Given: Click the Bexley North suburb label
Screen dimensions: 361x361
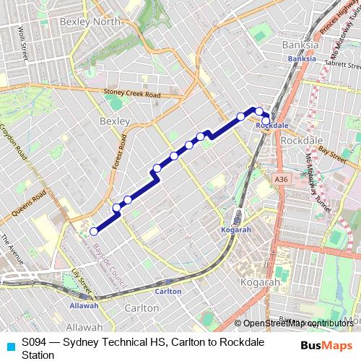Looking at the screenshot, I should point(90,22).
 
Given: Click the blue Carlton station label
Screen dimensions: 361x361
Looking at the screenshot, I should point(168,291).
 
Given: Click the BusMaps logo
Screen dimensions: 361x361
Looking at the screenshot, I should point(323,344).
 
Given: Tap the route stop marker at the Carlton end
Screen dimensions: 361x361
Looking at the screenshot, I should point(93,232).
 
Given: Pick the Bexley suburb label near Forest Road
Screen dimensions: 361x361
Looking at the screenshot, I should point(113,121).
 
